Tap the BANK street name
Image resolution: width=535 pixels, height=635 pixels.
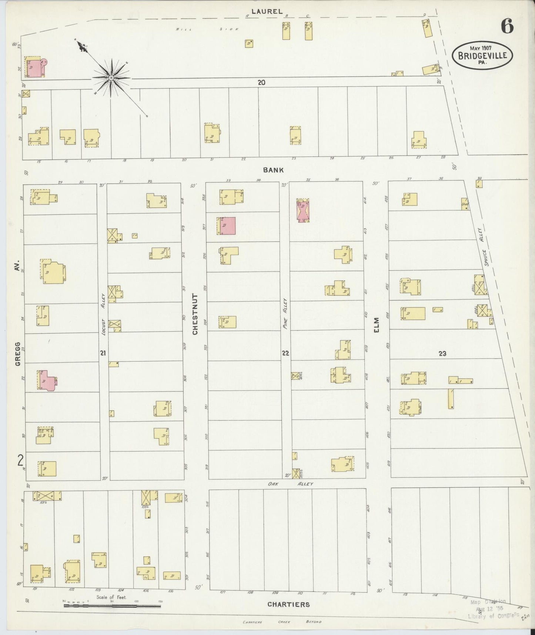(273, 170)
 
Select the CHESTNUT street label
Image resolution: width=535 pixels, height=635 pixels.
(195, 314)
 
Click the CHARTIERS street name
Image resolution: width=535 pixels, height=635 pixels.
(288, 604)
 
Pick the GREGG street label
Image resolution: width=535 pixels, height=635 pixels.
(17, 354)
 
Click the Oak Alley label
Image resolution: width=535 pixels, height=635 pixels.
(291, 484)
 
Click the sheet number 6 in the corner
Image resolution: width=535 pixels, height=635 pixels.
(507, 26)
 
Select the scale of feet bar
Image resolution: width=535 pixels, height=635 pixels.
(113, 606)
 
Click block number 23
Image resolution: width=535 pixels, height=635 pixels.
(442, 353)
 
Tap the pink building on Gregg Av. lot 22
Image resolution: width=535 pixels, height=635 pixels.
(47, 380)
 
